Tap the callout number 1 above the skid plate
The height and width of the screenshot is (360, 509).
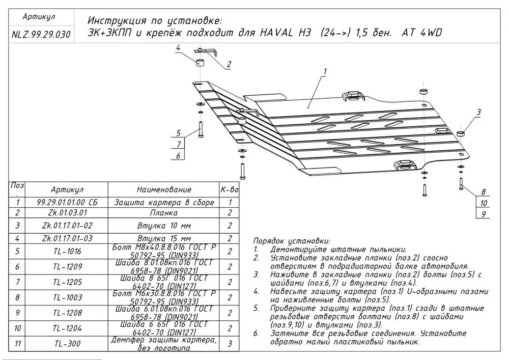324,71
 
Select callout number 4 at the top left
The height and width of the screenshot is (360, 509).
178,48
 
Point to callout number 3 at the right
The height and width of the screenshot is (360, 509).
478,112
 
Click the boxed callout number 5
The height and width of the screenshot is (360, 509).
178,133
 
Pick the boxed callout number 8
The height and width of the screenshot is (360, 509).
484,192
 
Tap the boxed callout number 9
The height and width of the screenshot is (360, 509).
484,214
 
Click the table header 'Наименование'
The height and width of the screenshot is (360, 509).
164,189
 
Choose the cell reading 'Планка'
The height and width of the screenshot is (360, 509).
164,213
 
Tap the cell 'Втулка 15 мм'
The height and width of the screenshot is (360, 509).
164,238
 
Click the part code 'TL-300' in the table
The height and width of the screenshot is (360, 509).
67,344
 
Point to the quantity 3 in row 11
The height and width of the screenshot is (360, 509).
230,344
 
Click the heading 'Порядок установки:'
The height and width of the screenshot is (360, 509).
291,241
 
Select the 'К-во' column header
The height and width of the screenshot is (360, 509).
230,189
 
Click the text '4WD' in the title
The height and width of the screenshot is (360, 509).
430,34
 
